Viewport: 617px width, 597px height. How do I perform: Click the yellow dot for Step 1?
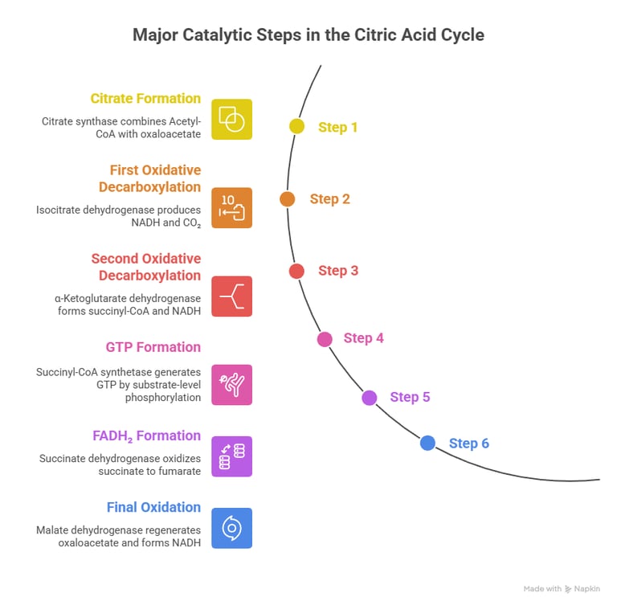(297, 126)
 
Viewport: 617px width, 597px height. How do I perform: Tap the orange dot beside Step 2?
(288, 198)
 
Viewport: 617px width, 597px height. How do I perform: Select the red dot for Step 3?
(296, 271)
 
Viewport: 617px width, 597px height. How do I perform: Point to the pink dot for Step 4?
(325, 338)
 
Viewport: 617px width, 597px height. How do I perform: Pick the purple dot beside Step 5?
(370, 397)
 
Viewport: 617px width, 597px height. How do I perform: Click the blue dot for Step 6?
(427, 443)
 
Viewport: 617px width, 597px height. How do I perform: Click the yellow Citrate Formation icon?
(231, 119)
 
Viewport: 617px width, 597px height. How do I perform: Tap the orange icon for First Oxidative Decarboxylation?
(231, 207)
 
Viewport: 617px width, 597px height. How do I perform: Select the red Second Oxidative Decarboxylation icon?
(231, 296)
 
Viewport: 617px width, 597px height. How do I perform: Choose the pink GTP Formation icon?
(231, 384)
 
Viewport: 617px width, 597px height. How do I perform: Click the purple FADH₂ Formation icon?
(231, 456)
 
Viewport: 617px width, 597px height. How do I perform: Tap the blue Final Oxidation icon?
(231, 528)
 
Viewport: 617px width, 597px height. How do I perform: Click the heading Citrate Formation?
(145, 99)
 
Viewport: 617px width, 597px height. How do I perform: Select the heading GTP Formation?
(153, 347)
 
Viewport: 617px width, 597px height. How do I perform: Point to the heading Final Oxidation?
(153, 507)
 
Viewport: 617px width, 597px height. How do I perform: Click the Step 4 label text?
(363, 338)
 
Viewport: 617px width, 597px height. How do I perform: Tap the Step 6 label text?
(468, 444)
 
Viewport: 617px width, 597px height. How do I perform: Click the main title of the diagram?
(308, 35)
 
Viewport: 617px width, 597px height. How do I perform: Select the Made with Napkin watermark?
(562, 588)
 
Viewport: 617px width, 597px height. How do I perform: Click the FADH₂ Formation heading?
(146, 435)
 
